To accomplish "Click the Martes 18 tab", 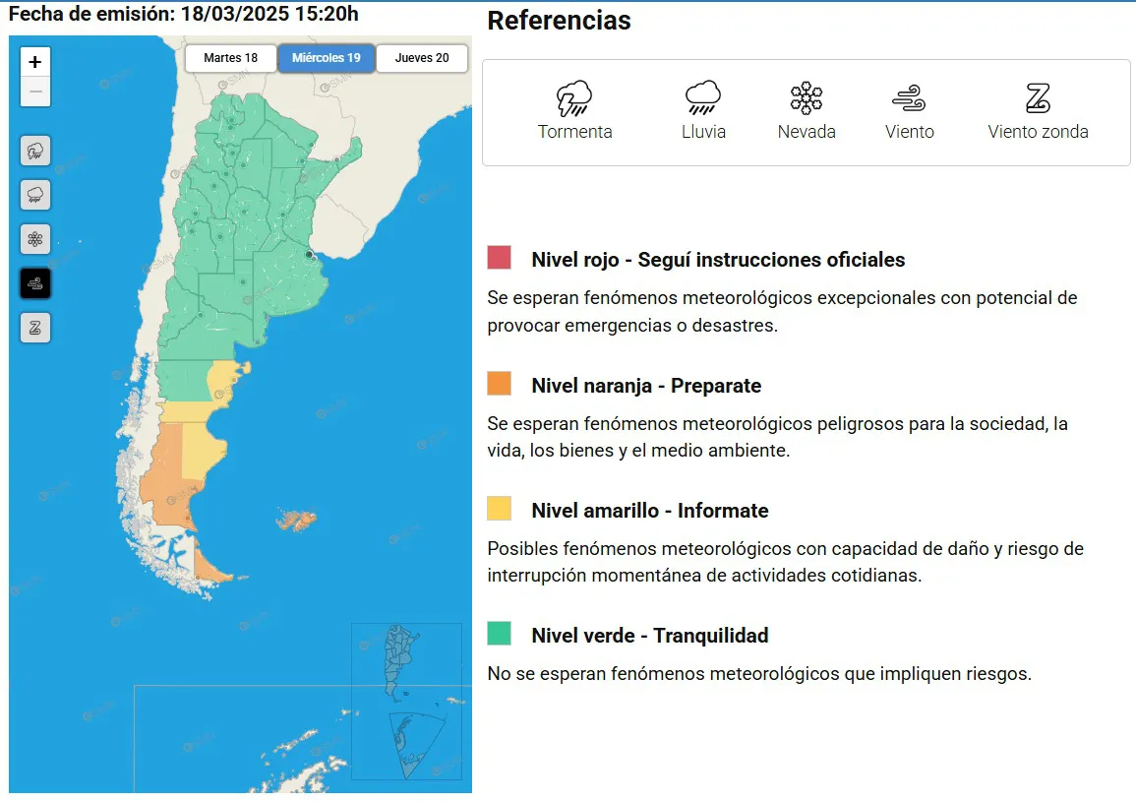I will tap(230, 58).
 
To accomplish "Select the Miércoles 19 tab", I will tap(326, 58).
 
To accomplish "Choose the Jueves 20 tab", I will tap(422, 58).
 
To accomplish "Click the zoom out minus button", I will tap(35, 92).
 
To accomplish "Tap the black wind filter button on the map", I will tap(35, 284).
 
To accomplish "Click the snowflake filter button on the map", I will tap(35, 239).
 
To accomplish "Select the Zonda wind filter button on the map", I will tap(35, 328).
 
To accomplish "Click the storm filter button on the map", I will tap(35, 152).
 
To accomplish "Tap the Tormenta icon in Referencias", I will tap(574, 98).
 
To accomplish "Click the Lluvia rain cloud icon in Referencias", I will tap(703, 98).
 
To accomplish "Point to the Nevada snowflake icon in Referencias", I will tap(807, 98).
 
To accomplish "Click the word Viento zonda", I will tap(1038, 132).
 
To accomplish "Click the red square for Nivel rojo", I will tap(499, 258).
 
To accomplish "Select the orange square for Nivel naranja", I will tap(499, 383).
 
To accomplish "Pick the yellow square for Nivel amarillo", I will tap(499, 508).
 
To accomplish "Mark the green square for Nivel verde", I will tap(499, 633).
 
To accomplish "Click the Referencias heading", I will tap(559, 21).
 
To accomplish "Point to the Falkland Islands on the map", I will tap(297, 519).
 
